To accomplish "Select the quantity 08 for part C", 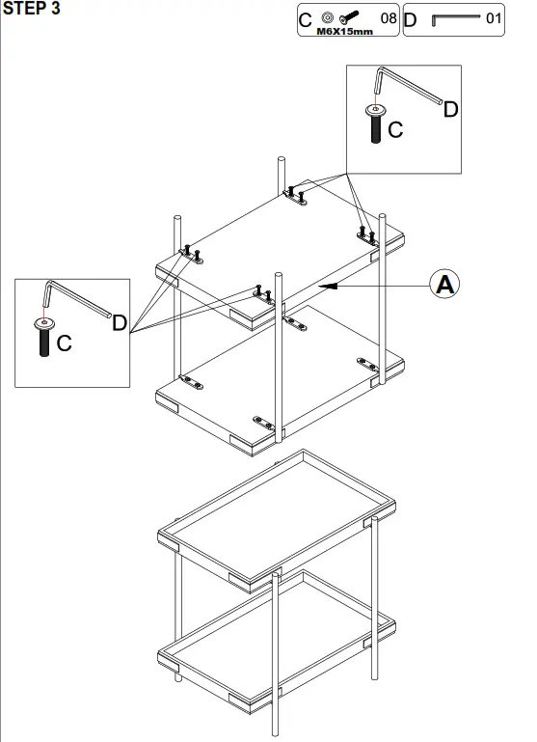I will pyautogui.click(x=389, y=18).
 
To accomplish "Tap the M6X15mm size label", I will pyautogui.click(x=344, y=31).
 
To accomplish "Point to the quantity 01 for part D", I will pyautogui.click(x=494, y=18).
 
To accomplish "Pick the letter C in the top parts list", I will pyautogui.click(x=306, y=19).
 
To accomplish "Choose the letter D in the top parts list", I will pyautogui.click(x=410, y=19).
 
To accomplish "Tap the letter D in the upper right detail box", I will pyautogui.click(x=450, y=109).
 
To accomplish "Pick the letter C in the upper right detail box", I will pyautogui.click(x=395, y=129).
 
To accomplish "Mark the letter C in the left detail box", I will pyautogui.click(x=64, y=343).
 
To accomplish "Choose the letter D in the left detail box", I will pyautogui.click(x=120, y=322).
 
